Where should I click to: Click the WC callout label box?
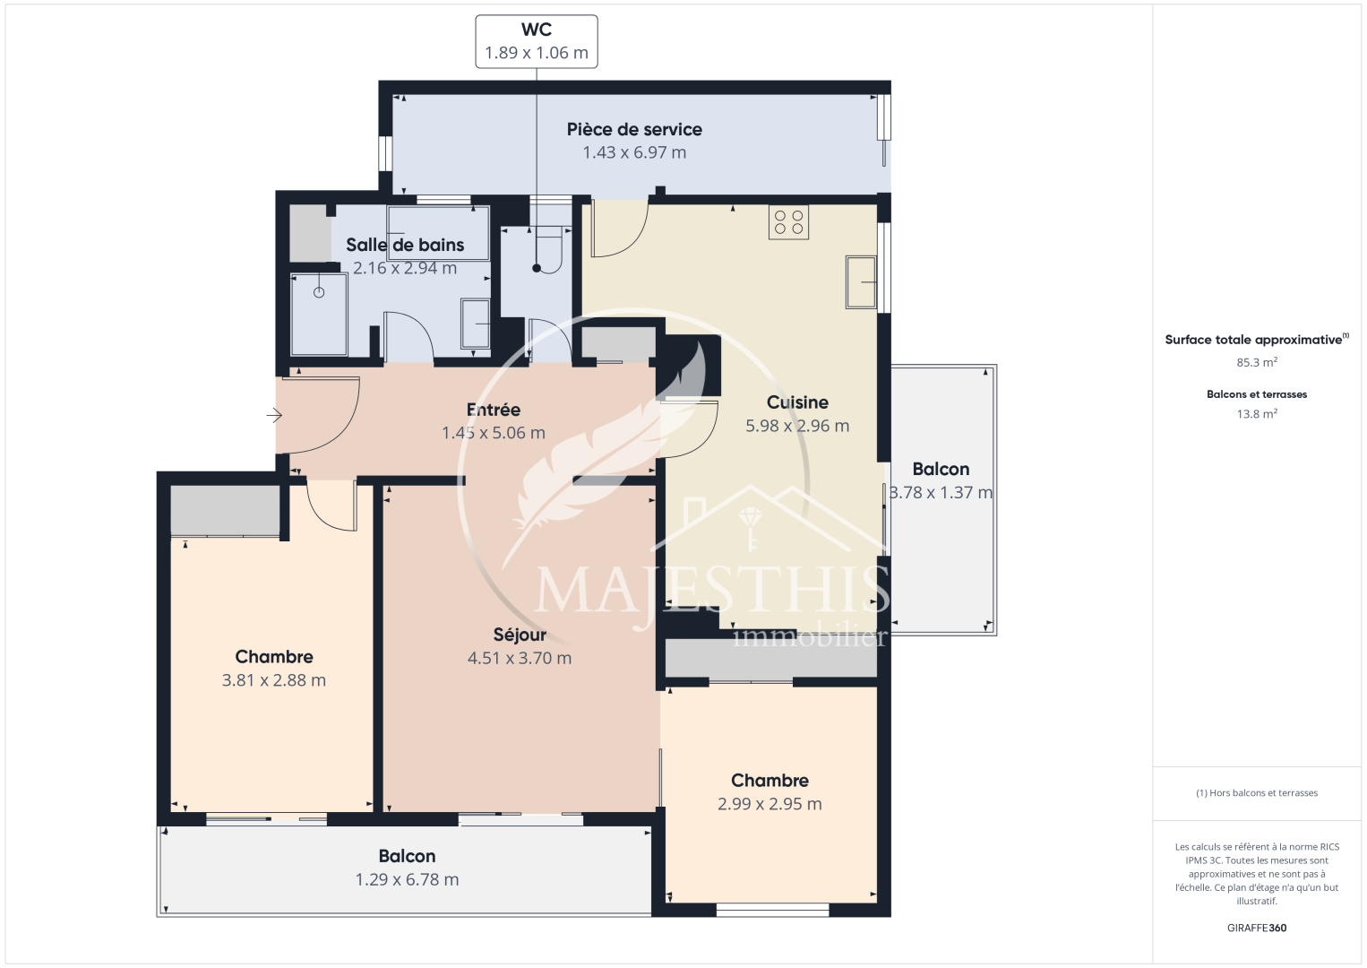pyautogui.click(x=537, y=41)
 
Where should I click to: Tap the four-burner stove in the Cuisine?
pyautogui.click(x=788, y=221)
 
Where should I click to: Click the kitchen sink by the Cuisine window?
pyautogui.click(x=861, y=282)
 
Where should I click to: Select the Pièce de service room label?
pyautogui.click(x=634, y=129)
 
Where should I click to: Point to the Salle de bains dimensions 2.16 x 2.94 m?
pyautogui.click(x=405, y=268)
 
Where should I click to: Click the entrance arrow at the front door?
pyautogui.click(x=274, y=416)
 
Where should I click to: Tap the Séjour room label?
pyautogui.click(x=520, y=635)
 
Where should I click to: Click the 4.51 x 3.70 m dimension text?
pyautogui.click(x=520, y=659)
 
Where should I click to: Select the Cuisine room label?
pyautogui.click(x=797, y=402)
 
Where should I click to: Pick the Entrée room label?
pyautogui.click(x=493, y=410)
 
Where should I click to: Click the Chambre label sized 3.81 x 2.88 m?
pyautogui.click(x=274, y=657)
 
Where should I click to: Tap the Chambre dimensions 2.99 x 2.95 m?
pyautogui.click(x=769, y=804)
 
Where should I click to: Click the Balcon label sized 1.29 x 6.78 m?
pyautogui.click(x=407, y=856)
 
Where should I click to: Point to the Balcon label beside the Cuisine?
pyautogui.click(x=941, y=469)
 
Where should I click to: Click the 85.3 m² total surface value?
pyautogui.click(x=1257, y=362)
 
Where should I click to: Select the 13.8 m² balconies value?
pyautogui.click(x=1257, y=413)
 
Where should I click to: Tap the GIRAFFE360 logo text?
pyautogui.click(x=1257, y=928)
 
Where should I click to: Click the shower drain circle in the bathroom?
pyautogui.click(x=319, y=292)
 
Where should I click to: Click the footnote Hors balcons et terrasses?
pyautogui.click(x=1257, y=792)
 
